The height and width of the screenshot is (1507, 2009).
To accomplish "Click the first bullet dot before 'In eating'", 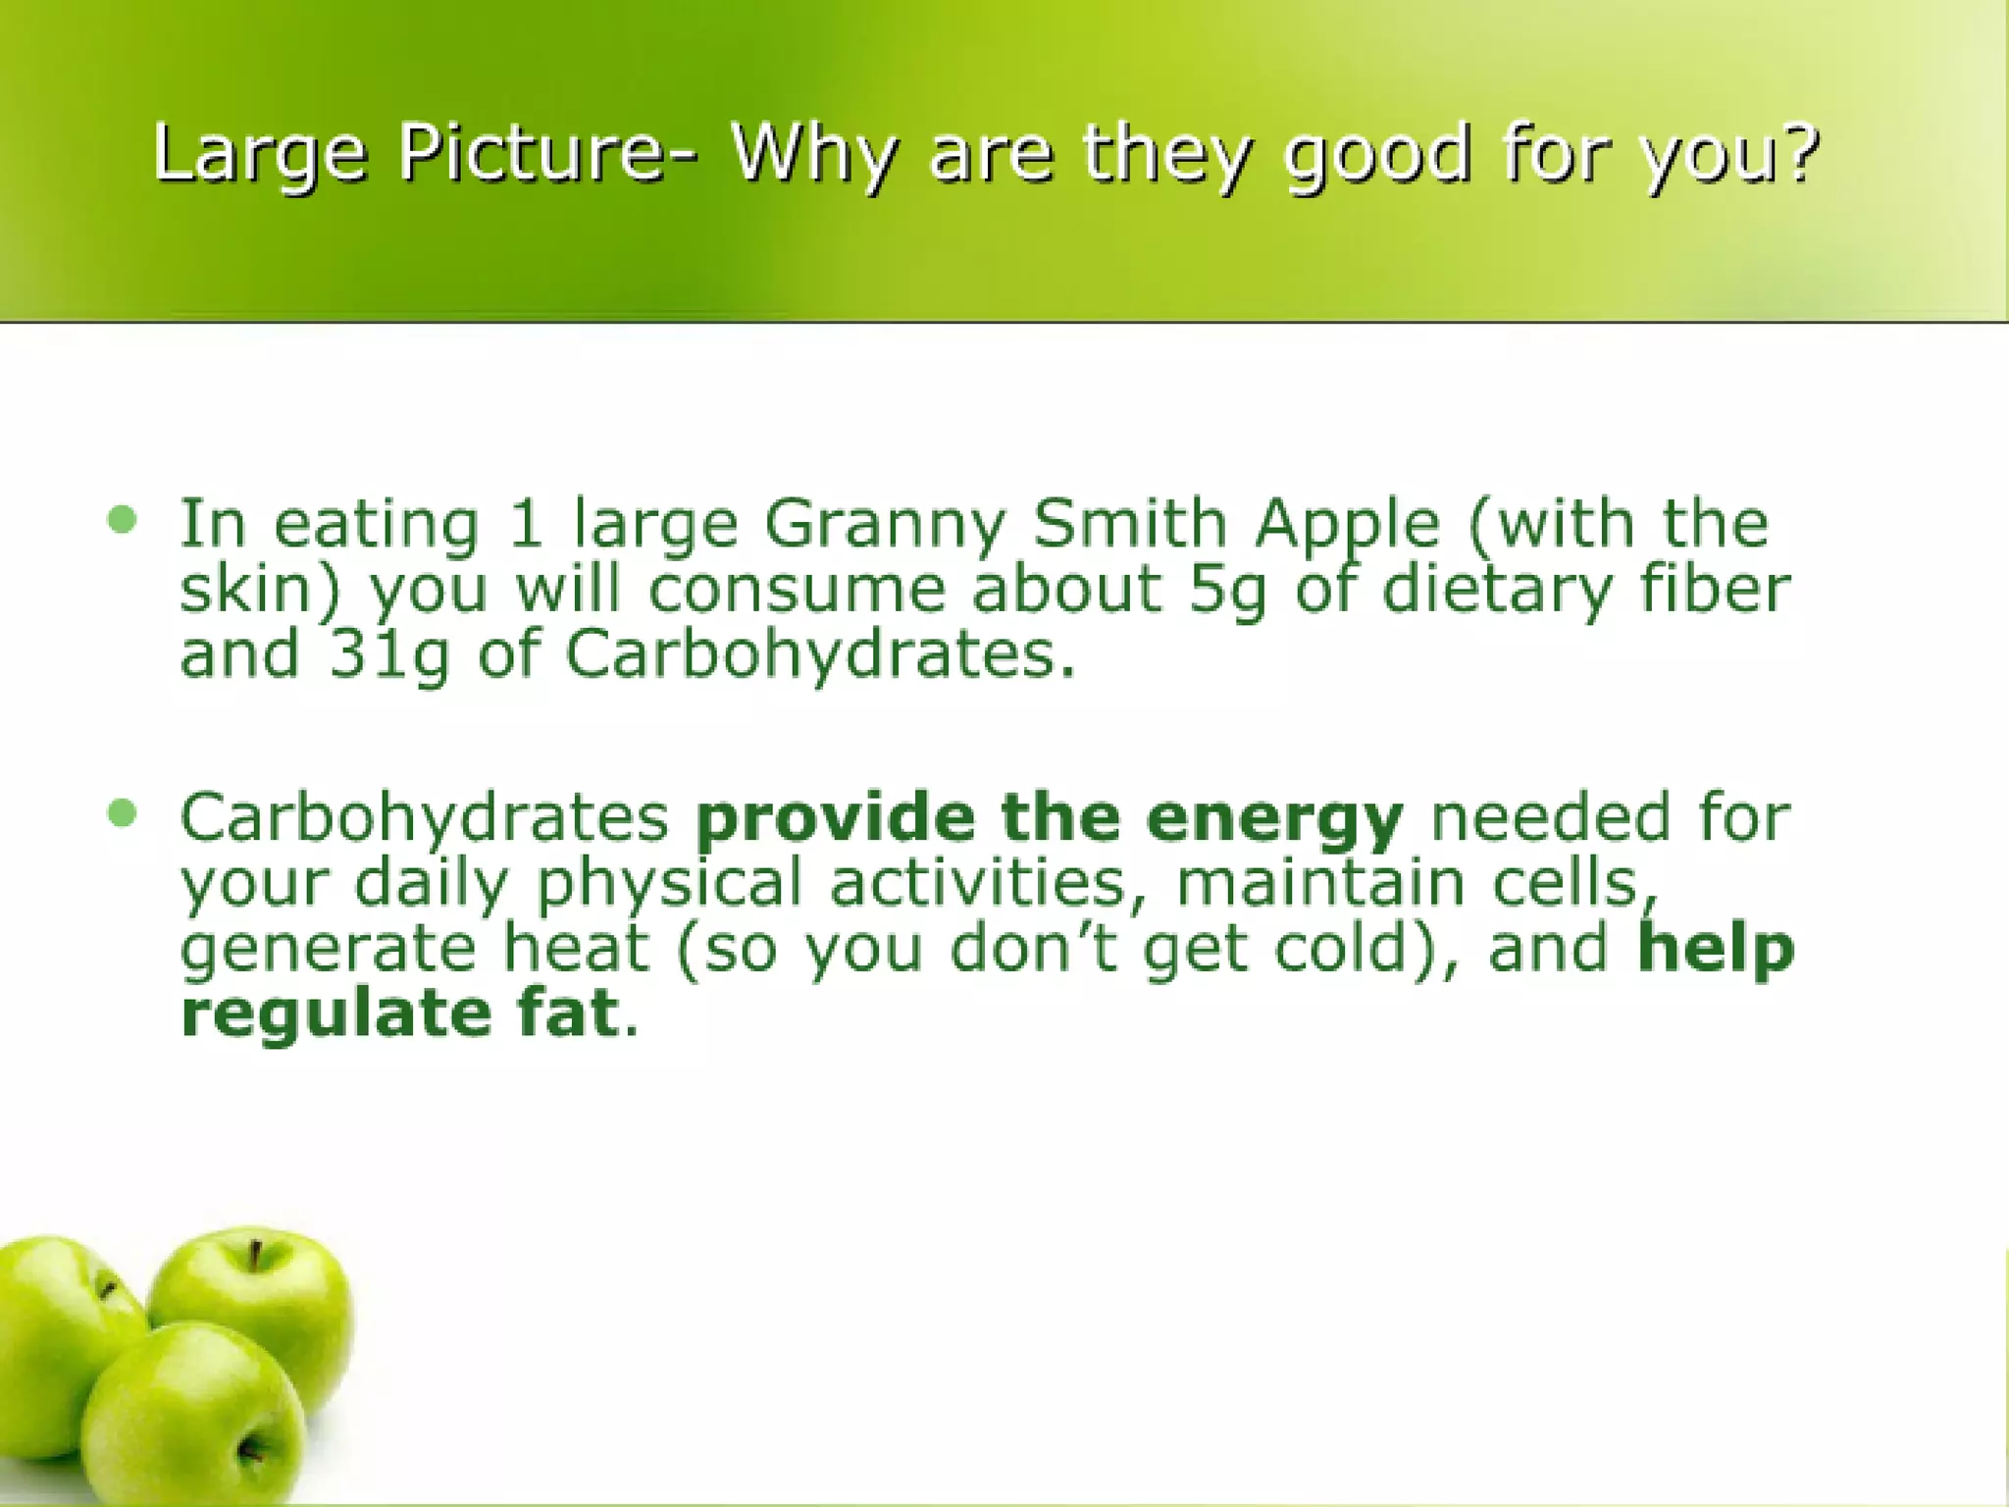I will (123, 519).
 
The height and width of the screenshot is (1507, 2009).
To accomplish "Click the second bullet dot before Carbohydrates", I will (123, 812).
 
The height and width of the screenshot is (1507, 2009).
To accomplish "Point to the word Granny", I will (885, 525).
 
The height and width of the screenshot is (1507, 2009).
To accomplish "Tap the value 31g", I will (388, 655).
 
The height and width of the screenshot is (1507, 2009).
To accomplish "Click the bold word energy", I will (1274, 820).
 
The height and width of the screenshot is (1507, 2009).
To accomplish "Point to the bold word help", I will (1716, 950).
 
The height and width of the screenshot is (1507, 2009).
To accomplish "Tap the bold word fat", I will (569, 1013).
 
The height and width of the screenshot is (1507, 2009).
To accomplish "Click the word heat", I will (576, 948).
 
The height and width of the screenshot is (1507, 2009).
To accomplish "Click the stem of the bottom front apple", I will (248, 1448).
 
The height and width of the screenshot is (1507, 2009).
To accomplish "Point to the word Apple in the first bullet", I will (1348, 525).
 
